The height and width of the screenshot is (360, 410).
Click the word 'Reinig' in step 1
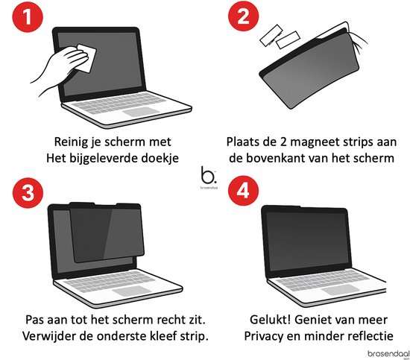(73, 141)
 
